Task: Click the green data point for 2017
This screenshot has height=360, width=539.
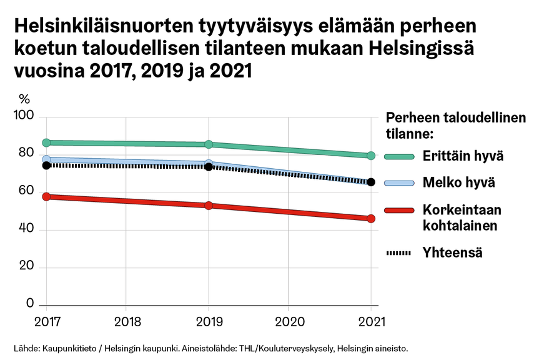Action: click(46, 142)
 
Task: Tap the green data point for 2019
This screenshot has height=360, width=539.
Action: click(209, 144)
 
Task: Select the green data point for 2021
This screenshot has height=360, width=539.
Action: click(371, 156)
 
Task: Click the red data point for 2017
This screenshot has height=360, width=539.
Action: click(46, 197)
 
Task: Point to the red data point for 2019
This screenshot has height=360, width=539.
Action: click(209, 206)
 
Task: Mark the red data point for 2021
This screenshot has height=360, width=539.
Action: click(371, 219)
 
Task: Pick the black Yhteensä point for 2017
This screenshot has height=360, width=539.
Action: click(46, 165)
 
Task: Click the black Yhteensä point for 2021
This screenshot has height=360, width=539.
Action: click(371, 182)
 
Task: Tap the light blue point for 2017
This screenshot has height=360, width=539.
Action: click(46, 159)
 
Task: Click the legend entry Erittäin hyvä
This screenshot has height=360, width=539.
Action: click(463, 156)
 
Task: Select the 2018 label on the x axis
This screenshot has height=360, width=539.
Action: click(126, 323)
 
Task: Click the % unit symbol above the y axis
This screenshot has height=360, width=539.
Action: click(24, 99)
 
